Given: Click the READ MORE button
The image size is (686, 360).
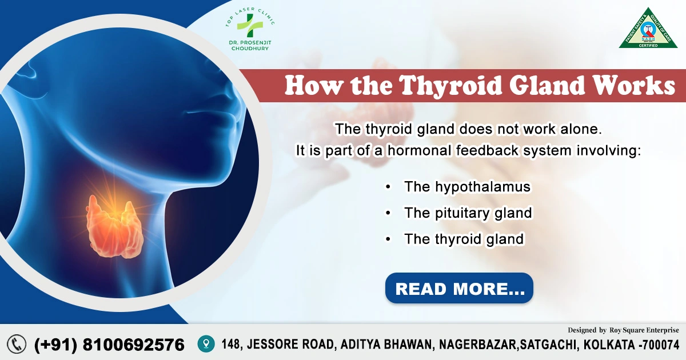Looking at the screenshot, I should pos(459,288).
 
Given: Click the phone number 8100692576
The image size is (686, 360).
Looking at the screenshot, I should pos(134,345).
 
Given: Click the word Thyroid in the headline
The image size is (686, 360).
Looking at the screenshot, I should pos(443,86).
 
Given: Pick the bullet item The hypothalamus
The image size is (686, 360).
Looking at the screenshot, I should pos(467,187).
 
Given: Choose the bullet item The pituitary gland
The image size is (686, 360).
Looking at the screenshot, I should pos(468,213).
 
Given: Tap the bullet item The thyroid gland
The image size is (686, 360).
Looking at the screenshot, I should pos(464,239).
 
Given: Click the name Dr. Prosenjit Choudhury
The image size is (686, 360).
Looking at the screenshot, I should pos(248,45).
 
